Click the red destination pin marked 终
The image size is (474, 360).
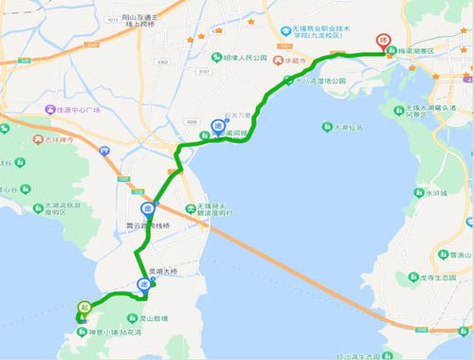click(383, 42)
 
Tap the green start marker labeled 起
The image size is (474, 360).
click(83, 307)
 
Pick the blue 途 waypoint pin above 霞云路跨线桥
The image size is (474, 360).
click(147, 209)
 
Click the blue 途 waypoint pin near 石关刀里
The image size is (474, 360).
click(216, 124)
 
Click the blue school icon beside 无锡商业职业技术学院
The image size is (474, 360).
click(284, 31)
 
